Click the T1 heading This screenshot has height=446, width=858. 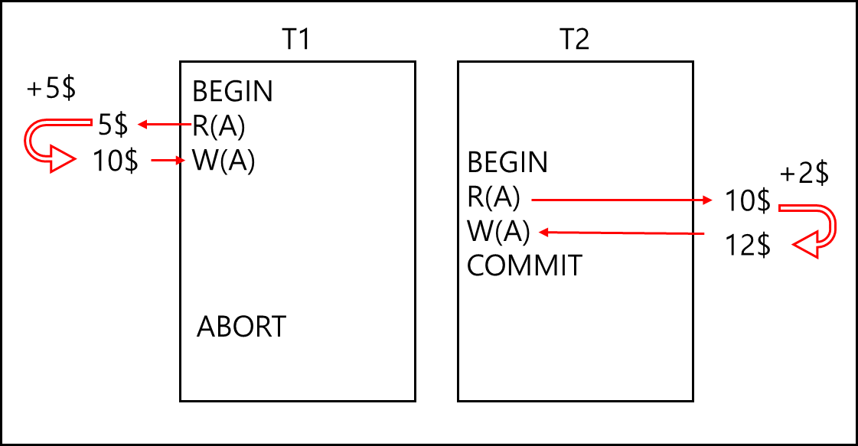click(x=296, y=40)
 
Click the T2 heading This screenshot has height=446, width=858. click(x=575, y=40)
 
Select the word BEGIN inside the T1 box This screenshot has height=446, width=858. click(x=233, y=91)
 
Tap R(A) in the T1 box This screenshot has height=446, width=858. click(x=218, y=126)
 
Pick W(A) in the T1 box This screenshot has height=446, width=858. click(x=223, y=161)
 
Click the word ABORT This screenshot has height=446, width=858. click(x=241, y=327)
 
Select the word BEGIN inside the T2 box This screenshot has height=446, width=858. click(x=507, y=162)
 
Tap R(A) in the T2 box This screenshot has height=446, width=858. click(x=494, y=197)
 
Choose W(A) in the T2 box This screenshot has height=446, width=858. click(x=498, y=231)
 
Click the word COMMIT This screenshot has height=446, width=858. click(x=524, y=266)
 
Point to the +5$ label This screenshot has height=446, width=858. click(x=51, y=88)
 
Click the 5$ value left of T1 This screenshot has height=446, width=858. click(x=113, y=125)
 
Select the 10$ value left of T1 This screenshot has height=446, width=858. click(x=116, y=161)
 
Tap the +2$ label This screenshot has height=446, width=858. click(x=804, y=174)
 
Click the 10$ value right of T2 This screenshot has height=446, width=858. click(x=748, y=200)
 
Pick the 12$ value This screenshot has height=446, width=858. click(x=748, y=245)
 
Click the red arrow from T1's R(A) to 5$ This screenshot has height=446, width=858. click(x=165, y=125)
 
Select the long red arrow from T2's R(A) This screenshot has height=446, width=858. click(x=622, y=200)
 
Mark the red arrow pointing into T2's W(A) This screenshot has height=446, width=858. click(x=621, y=233)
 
